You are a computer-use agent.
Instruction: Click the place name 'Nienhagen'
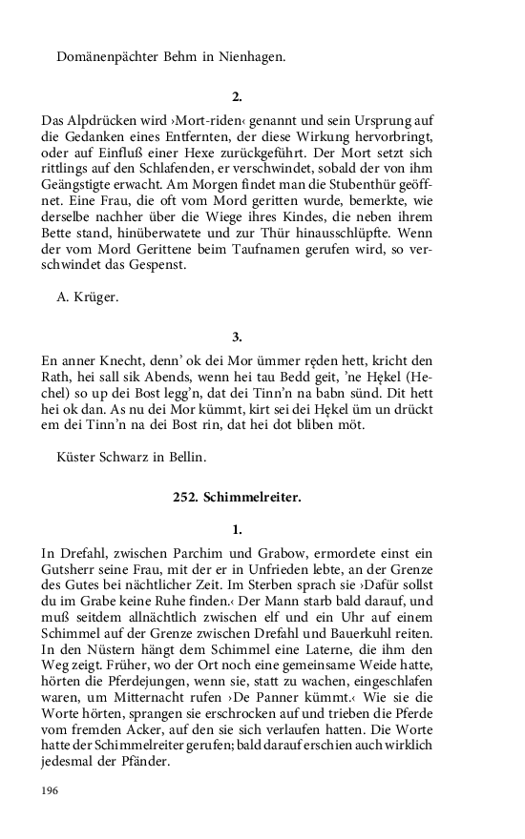(251, 57)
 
